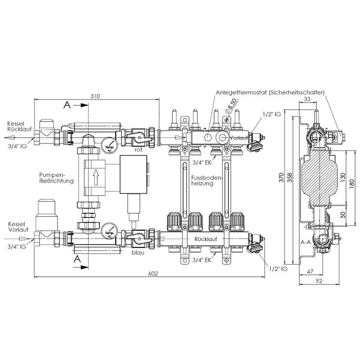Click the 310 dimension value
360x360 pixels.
pos(95,96)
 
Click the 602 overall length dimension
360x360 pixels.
pos(153,274)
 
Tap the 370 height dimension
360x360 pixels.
pos(282,177)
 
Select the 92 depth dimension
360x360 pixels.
pos(319,281)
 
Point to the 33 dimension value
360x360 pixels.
pos(307,99)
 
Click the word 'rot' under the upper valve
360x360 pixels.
pos(138,150)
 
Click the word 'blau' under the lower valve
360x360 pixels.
pos(138,252)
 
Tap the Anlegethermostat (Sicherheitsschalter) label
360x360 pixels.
pos(270,92)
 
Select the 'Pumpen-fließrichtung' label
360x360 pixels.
pos(57,178)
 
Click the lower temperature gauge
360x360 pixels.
pos(109,231)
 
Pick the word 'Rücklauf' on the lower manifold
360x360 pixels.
pos(206,239)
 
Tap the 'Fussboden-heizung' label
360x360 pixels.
pos(207,180)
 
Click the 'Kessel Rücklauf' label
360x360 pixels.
pos(19,126)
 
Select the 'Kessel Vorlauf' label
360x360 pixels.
pos(18,227)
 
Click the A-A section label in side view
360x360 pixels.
pos(306,242)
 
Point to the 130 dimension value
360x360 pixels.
pos(342,177)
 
